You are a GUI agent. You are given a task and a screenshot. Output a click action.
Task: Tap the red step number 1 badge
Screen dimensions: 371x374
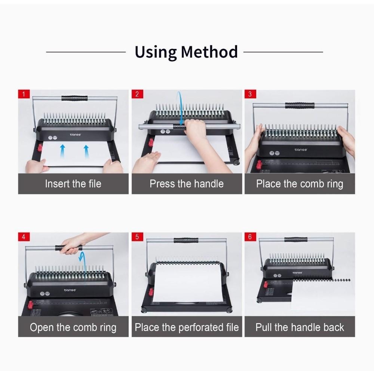(24, 94)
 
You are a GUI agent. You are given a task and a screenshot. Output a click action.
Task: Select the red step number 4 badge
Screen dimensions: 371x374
(24, 237)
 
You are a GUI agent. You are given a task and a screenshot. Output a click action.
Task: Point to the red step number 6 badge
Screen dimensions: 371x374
(250, 237)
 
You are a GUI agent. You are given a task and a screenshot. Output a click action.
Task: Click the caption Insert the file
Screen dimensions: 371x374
(73, 184)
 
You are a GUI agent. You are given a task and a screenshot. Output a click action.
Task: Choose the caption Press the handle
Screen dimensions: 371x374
(187, 184)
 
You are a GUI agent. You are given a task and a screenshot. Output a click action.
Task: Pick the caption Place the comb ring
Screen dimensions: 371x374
(300, 184)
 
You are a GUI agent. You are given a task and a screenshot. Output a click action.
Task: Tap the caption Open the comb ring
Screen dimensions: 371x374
(73, 328)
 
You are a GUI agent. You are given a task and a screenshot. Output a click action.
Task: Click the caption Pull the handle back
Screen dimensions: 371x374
(300, 328)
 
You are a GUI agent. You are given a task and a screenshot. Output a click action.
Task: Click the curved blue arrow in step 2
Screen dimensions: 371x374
(180, 108)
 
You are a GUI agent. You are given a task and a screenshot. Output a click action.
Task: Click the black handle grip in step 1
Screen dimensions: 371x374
(74, 98)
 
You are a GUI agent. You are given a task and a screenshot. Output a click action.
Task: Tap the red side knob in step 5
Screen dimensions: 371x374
(151, 292)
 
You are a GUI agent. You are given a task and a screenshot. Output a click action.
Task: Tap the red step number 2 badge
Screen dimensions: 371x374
(137, 94)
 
